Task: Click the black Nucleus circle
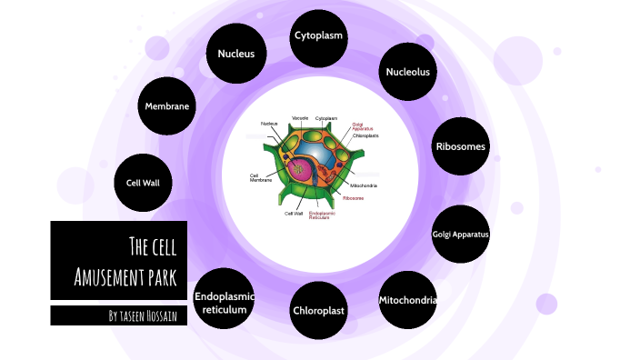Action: [x=235, y=54]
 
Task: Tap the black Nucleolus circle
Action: [x=406, y=71]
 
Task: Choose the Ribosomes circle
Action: [x=461, y=145]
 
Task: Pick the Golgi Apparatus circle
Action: [x=461, y=235]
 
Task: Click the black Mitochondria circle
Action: [x=407, y=300]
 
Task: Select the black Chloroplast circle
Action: [x=319, y=310]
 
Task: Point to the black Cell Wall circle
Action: [x=143, y=183]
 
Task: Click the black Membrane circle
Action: [x=167, y=106]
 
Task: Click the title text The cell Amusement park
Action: [x=119, y=260]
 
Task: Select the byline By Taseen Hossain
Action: [x=119, y=315]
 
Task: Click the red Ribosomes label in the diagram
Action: [x=353, y=197]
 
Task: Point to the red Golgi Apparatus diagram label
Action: [x=363, y=126]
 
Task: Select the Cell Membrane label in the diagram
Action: [x=260, y=177]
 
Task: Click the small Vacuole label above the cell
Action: [x=300, y=118]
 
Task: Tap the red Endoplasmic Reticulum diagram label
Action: [x=321, y=215]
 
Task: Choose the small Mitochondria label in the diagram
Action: [x=363, y=185]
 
